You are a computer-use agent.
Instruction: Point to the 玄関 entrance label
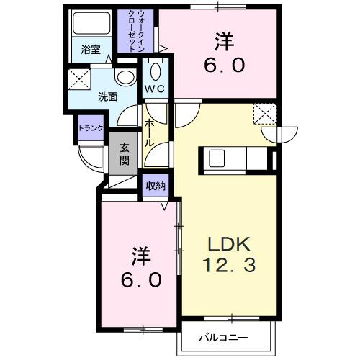(x=125, y=153)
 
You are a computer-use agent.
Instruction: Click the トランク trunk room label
(x=91, y=128)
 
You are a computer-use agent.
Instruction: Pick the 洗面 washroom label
(x=108, y=96)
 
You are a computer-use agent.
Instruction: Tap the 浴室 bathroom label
(x=90, y=50)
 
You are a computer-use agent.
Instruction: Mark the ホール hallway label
(x=148, y=132)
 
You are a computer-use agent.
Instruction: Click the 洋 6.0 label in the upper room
(x=228, y=53)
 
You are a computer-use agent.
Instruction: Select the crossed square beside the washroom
(x=78, y=81)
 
